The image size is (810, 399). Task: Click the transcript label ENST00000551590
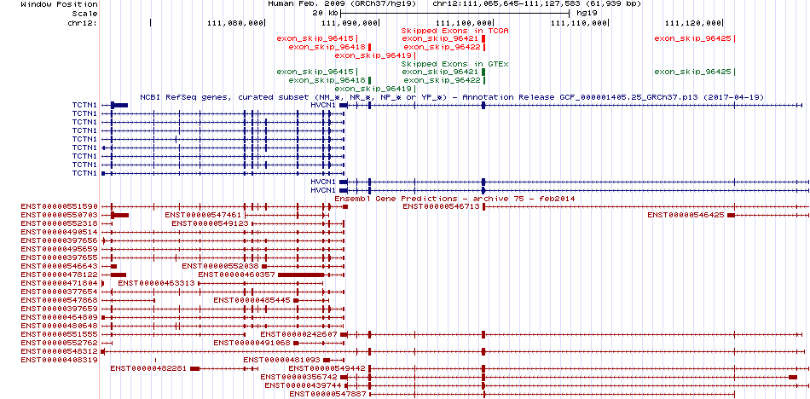pyautogui.click(x=60, y=206)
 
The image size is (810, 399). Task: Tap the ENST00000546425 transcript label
pyautogui.click(x=686, y=215)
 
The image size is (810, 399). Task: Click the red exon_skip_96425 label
pyautogui.click(x=692, y=38)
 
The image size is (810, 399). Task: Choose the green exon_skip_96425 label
pyautogui.click(x=692, y=72)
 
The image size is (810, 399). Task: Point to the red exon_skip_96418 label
pyautogui.click(x=327, y=47)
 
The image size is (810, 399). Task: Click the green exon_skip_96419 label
pyautogui.click(x=373, y=89)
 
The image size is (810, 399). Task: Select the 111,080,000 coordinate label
pyautogui.click(x=234, y=23)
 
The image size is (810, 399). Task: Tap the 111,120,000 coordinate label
pyautogui.click(x=693, y=23)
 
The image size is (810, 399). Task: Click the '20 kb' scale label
pyautogui.click(x=326, y=13)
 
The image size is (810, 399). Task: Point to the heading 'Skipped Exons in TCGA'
pyautogui.click(x=455, y=31)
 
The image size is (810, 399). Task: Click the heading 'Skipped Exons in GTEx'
pyautogui.click(x=455, y=64)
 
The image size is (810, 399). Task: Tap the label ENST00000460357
pyautogui.click(x=236, y=275)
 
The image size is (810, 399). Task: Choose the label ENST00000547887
pyautogui.click(x=327, y=394)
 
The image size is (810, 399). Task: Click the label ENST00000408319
pyautogui.click(x=60, y=360)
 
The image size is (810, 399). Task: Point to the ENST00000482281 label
pyautogui.click(x=148, y=368)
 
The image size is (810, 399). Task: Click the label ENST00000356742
pyautogui.click(x=298, y=377)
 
